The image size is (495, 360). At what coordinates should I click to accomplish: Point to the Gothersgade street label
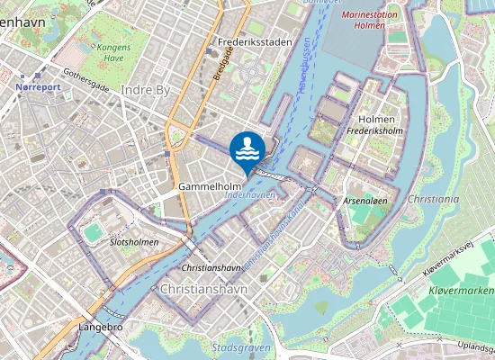click(86, 80)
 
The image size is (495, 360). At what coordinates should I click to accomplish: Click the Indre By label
click(145, 91)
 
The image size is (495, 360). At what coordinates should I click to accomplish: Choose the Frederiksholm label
click(375, 130)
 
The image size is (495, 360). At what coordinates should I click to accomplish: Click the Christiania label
click(433, 198)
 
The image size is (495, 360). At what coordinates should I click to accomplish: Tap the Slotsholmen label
click(133, 243)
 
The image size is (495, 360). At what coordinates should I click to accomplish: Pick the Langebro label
click(100, 328)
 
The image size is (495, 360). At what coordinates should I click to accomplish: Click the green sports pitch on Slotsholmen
click(93, 232)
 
